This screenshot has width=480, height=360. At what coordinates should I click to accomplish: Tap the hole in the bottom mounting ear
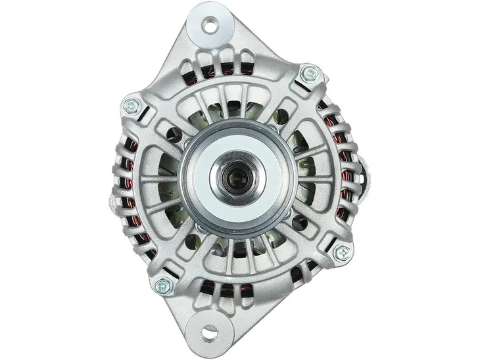click(209, 333)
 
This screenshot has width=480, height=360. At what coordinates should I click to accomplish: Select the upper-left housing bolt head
click(132, 106)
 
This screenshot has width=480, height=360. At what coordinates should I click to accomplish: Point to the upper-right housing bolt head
click(308, 74)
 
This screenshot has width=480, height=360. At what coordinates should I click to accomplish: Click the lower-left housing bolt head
click(162, 285)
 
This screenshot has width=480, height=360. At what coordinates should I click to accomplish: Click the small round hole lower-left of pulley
click(191, 242)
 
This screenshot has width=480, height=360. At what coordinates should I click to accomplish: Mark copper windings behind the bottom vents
click(224, 286)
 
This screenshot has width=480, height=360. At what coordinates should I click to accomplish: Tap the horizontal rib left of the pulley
click(158, 179)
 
